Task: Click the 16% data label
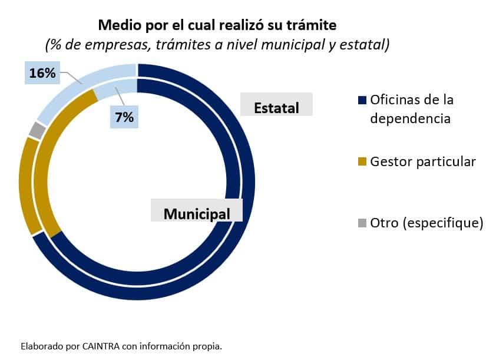coord(42,74)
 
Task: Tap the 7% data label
coord(124,117)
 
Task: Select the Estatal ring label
coord(276,108)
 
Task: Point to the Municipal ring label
coord(197,214)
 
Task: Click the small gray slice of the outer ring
coord(37,130)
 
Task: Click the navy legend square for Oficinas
coord(362,100)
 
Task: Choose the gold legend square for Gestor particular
coord(362,161)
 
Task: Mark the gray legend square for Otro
coord(362,223)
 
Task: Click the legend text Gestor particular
coord(422,161)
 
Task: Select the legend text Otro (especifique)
coord(426,223)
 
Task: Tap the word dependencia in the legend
coord(410,118)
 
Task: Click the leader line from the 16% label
coord(70,77)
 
